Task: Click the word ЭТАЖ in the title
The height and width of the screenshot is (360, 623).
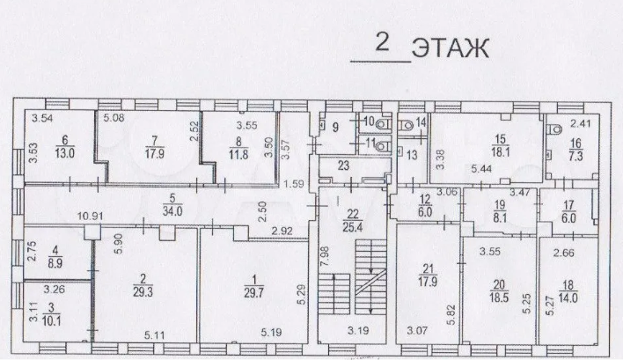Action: click(x=451, y=49)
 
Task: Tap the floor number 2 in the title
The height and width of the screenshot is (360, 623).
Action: click(x=382, y=42)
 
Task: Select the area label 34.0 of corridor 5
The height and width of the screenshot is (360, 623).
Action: click(x=172, y=211)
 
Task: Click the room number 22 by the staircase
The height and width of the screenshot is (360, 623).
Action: click(x=353, y=215)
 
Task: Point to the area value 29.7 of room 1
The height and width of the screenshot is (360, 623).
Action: click(x=254, y=293)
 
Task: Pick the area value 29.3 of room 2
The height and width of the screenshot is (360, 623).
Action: click(x=143, y=292)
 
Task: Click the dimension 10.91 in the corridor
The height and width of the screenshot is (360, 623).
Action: click(x=91, y=217)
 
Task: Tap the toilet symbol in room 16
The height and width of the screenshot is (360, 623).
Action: click(x=555, y=129)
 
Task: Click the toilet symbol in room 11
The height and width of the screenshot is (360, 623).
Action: click(x=383, y=147)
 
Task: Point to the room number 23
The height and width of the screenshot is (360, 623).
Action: click(x=343, y=165)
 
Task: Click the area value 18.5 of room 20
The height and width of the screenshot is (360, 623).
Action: click(x=499, y=298)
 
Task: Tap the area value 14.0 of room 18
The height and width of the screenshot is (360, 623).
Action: click(x=568, y=298)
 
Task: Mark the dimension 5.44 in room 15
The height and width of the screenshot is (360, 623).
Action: click(x=481, y=169)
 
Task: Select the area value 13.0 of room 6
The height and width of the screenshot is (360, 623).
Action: click(x=65, y=153)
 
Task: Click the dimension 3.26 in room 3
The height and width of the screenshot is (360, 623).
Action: click(x=54, y=290)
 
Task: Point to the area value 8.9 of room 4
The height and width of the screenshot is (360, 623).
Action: click(x=55, y=263)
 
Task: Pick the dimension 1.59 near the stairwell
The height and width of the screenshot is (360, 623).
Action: click(x=294, y=184)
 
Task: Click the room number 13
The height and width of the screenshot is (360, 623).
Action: click(x=412, y=155)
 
